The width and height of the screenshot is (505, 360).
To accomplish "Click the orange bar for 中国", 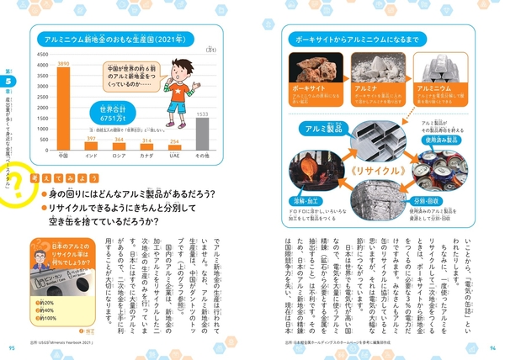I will pyautogui.click(x=62, y=109).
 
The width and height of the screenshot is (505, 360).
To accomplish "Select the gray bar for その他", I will pyautogui.click(x=202, y=134).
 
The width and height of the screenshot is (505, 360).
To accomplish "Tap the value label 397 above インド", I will pyautogui.click(x=91, y=139).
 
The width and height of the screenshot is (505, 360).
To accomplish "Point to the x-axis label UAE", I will pyautogui.click(x=174, y=155).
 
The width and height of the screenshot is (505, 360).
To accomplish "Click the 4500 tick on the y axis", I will pyautogui.click(x=42, y=55).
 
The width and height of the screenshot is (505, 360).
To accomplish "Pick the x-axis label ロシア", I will pyautogui.click(x=119, y=155).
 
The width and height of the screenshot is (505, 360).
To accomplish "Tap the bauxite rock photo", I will pyautogui.click(x=312, y=77).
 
